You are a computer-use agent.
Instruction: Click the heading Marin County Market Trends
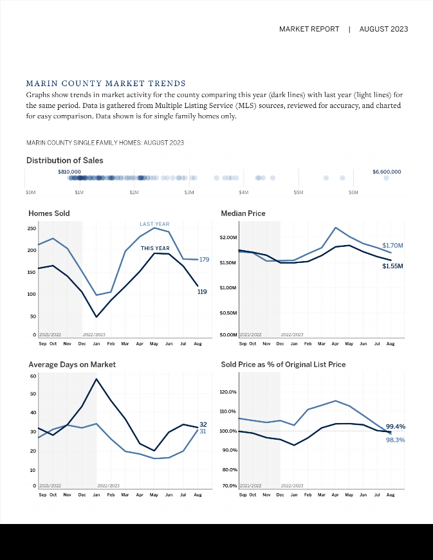(106, 84)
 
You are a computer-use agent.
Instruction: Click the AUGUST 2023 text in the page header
(383, 29)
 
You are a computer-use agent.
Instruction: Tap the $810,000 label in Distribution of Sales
(69, 172)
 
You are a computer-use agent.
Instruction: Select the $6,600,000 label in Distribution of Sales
(386, 172)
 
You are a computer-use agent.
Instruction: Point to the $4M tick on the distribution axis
(244, 192)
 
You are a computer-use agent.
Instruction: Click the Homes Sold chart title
(49, 213)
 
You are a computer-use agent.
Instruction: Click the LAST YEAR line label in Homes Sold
(154, 224)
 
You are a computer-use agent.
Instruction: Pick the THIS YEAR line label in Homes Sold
(155, 248)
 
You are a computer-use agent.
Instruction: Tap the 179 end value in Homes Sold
(205, 260)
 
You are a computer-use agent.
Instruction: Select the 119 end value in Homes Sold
(202, 292)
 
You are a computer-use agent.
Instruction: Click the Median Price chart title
(243, 213)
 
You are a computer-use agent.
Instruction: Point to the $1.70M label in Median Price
(392, 246)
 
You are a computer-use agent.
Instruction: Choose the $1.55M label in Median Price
(392, 266)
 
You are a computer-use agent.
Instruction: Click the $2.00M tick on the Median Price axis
(228, 238)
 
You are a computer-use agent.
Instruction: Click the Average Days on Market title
(72, 364)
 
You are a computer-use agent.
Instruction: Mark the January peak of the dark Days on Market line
(97, 379)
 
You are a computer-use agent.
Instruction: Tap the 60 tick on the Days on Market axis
(32, 375)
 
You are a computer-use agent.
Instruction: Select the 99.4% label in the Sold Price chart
(395, 426)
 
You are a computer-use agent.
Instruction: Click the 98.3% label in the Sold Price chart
(395, 440)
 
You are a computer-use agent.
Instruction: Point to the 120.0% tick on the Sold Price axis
(228, 392)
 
